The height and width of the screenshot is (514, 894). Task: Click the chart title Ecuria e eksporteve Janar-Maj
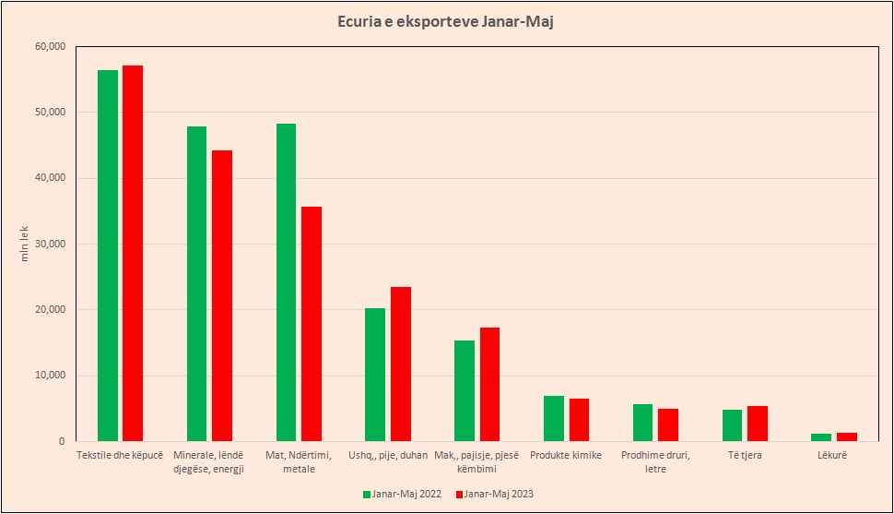446,21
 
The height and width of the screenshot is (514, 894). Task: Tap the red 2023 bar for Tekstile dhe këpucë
133,254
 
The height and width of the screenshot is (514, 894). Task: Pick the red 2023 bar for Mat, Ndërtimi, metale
312,324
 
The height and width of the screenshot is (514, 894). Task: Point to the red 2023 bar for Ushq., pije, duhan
401,364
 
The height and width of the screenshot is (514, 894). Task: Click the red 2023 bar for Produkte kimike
579,420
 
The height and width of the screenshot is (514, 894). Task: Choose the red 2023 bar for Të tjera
758,424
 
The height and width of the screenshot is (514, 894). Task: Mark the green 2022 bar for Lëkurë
821,437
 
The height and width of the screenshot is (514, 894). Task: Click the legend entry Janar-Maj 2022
401,494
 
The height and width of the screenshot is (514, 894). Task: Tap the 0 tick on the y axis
61,441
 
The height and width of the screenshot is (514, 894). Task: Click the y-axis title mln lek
25,244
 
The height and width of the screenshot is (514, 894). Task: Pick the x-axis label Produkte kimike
566,455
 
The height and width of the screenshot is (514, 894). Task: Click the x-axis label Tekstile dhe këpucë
120,455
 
